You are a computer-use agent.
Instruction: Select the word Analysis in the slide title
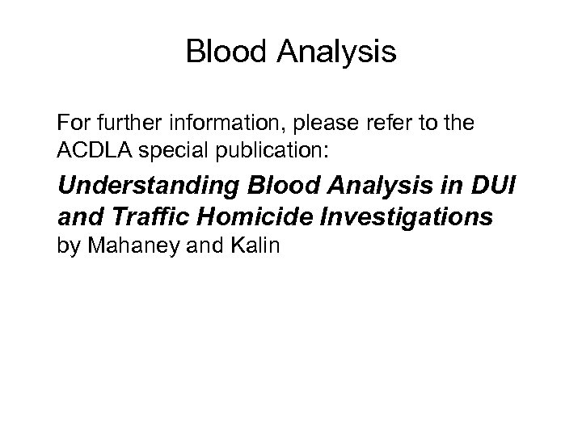[x=336, y=52]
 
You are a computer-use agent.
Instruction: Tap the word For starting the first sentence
[x=74, y=125]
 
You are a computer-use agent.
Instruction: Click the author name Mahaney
[x=126, y=245]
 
